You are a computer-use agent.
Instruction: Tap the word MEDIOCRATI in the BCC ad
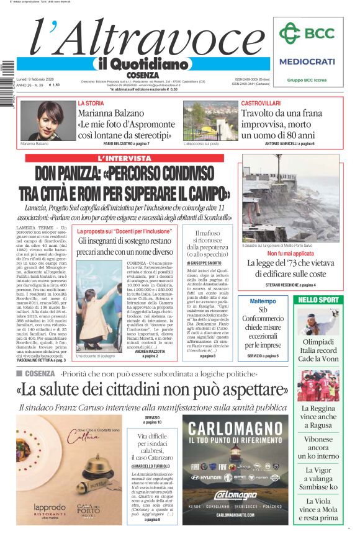tap(307, 61)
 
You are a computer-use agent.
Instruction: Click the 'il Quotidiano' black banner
tap(142, 64)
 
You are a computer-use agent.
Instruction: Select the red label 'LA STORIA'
tap(91, 103)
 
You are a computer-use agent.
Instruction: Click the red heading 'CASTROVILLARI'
tap(261, 103)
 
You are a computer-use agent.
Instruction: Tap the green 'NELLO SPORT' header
tap(318, 300)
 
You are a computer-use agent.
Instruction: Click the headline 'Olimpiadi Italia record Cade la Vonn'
tap(318, 350)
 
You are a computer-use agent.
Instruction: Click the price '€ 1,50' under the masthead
tap(54, 85)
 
